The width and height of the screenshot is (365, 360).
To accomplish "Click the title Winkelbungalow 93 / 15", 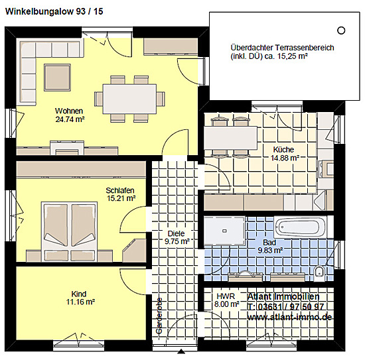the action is [54, 11].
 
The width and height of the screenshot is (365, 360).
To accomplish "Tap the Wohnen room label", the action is [69, 111].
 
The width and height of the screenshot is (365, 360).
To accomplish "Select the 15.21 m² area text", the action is [121, 199].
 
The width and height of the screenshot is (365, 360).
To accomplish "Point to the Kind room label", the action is [79, 294].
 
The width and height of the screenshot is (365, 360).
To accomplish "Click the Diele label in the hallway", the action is [177, 233].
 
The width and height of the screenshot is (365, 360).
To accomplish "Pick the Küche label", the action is [283, 150].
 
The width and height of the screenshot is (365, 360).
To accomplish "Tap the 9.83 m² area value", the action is [270, 251].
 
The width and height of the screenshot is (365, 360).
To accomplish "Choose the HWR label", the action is [226, 296].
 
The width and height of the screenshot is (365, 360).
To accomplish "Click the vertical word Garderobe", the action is [159, 316].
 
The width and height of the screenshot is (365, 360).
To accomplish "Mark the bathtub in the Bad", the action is [300, 227].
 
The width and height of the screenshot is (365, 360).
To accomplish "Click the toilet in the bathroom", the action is [319, 271].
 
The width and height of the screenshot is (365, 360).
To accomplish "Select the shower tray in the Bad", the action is [224, 231].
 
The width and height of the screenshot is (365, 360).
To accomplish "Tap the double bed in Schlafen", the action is [69, 231].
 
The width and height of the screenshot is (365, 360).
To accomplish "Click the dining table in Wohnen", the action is [129, 99].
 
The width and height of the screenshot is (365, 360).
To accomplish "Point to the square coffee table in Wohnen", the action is [57, 78].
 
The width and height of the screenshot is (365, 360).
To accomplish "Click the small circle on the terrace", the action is [341, 30].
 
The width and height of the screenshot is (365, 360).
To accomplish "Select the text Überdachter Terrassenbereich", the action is [282, 48].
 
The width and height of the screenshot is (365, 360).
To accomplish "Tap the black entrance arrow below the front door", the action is [181, 351].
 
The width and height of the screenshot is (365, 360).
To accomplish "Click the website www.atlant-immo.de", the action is [289, 317].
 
